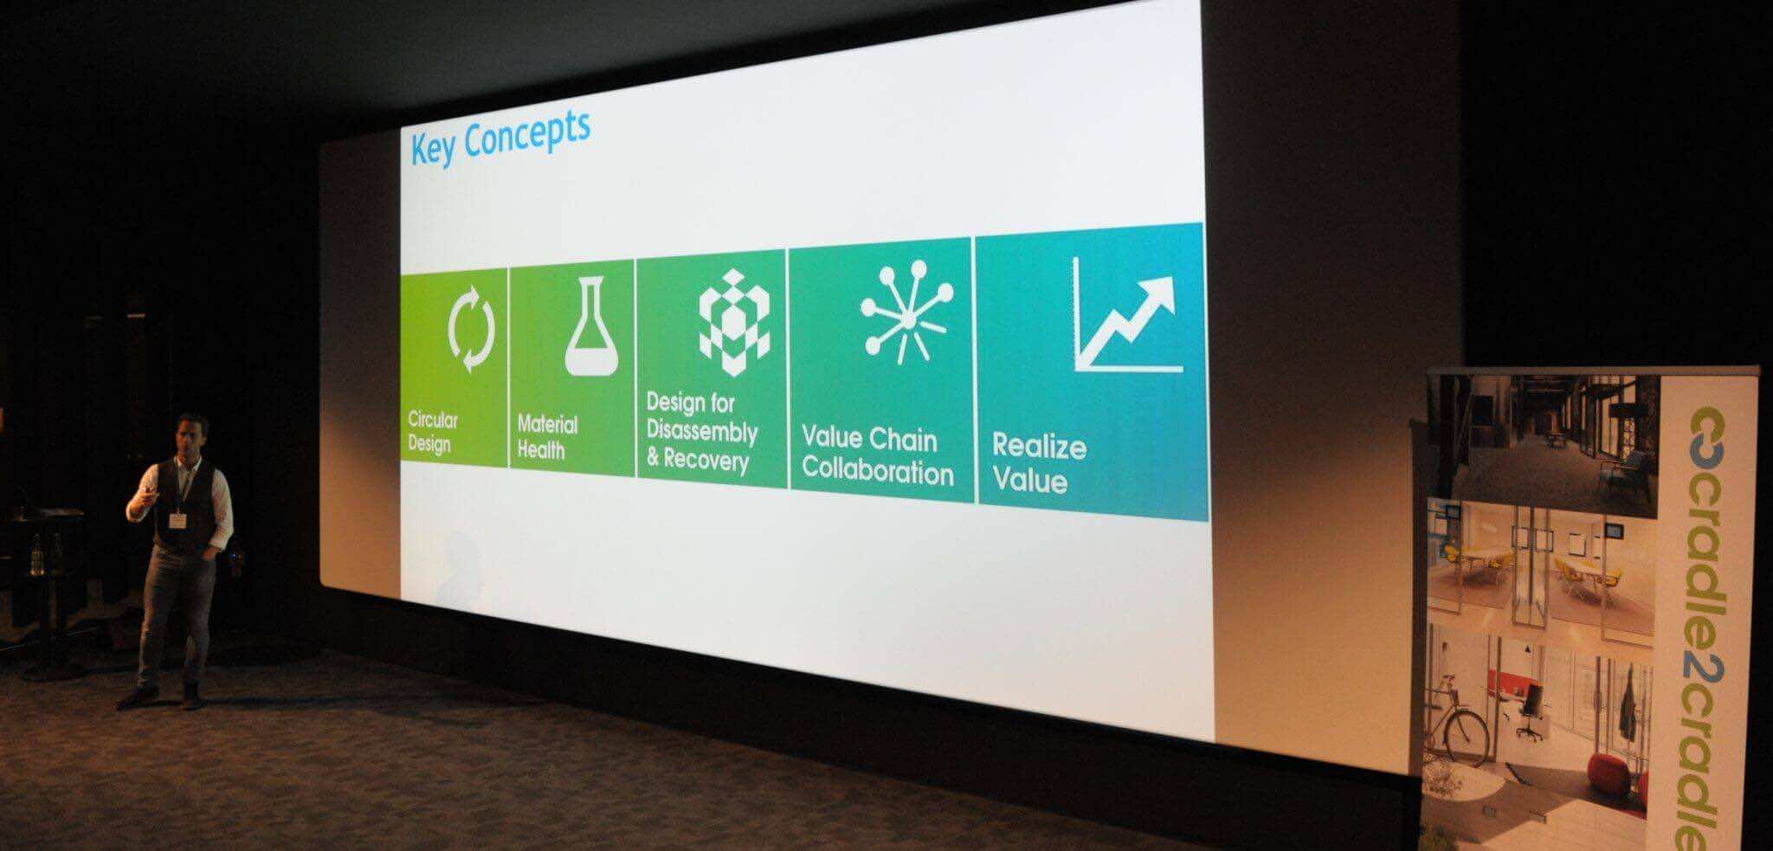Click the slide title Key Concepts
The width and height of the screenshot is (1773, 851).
tap(500, 139)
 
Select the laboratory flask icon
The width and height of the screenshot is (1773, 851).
tap(593, 326)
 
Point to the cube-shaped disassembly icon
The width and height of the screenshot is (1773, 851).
tap(734, 322)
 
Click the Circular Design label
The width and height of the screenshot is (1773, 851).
tap(433, 432)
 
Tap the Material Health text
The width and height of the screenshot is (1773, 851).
tap(547, 437)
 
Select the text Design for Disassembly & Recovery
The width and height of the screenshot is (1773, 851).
tap(702, 432)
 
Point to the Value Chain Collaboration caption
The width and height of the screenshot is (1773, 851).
tap(878, 455)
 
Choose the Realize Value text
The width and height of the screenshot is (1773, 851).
tap(1039, 462)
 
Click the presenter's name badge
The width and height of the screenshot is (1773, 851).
tap(178, 520)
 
